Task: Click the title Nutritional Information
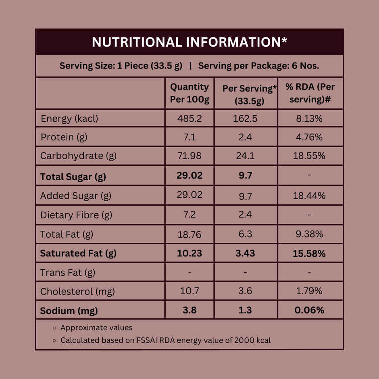click(x=189, y=42)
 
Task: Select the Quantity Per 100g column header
click(x=189, y=93)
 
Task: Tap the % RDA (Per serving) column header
click(x=310, y=93)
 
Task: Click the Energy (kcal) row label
click(x=69, y=119)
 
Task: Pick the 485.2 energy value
click(x=189, y=119)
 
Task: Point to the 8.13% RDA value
click(x=309, y=119)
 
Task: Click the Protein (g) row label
click(x=64, y=137)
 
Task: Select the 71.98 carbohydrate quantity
click(x=189, y=156)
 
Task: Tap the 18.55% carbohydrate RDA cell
click(x=309, y=156)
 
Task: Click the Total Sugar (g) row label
click(x=73, y=177)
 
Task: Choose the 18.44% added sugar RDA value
click(x=309, y=196)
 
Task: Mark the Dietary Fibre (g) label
click(x=76, y=215)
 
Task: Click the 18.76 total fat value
click(x=189, y=234)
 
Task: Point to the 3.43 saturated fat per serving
click(x=245, y=254)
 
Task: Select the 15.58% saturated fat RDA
click(x=309, y=254)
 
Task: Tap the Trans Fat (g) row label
click(x=68, y=273)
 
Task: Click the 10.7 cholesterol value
click(x=189, y=291)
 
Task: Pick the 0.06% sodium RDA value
click(x=309, y=310)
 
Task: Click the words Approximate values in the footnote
click(x=96, y=328)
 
